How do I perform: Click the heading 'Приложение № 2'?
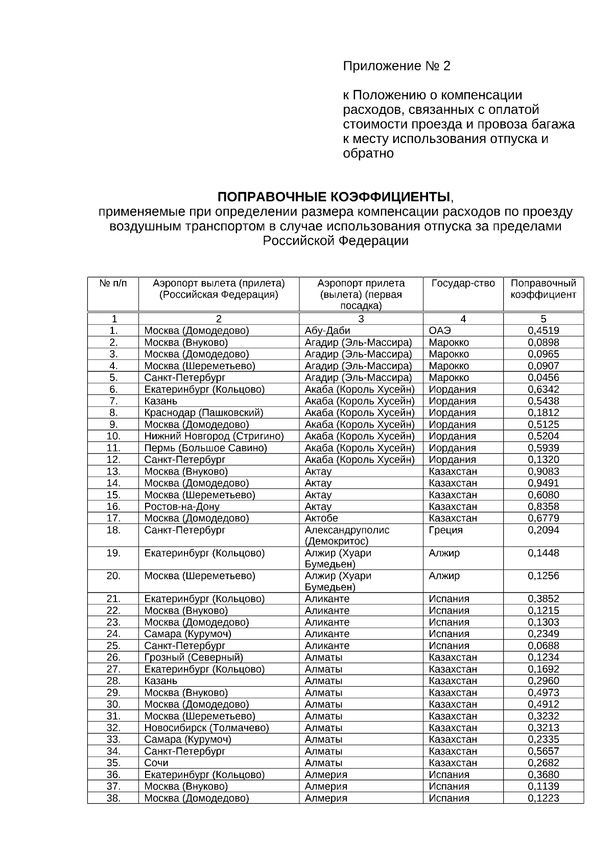click(396, 66)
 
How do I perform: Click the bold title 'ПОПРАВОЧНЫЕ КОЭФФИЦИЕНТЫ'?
click(335, 197)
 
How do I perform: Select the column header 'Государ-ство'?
click(463, 284)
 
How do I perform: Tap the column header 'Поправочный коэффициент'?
click(543, 289)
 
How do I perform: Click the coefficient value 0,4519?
click(543, 331)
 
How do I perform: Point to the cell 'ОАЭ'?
click(440, 331)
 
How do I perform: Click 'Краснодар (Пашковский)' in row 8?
click(203, 413)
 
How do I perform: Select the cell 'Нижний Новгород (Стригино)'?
click(214, 436)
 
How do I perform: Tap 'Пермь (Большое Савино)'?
click(205, 448)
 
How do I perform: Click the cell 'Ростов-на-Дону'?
click(181, 507)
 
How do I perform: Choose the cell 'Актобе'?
click(321, 519)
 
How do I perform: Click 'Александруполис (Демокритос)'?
click(346, 535)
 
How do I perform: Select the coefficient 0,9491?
click(543, 483)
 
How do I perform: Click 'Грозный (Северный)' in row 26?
click(194, 658)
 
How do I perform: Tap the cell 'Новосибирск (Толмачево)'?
click(206, 728)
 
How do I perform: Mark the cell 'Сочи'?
click(156, 763)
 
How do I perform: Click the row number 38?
click(113, 799)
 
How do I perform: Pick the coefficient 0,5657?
click(543, 752)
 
